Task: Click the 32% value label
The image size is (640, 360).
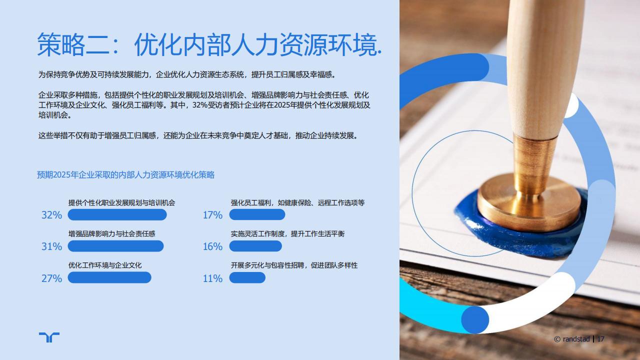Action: point(51,215)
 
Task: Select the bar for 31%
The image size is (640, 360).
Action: point(115,246)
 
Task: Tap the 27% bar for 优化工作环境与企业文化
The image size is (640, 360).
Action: point(109,277)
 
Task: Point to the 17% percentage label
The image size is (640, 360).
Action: point(212,215)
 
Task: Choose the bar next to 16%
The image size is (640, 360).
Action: point(255,246)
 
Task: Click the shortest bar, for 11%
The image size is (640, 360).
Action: point(247,277)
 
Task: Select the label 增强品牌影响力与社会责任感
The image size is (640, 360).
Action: point(111,233)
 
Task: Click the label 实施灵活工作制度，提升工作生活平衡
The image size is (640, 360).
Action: point(287,233)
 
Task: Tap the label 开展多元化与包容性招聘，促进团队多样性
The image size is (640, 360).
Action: point(294,265)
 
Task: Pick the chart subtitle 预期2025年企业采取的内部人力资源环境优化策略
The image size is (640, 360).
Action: point(125,175)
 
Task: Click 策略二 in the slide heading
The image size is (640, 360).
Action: point(73,44)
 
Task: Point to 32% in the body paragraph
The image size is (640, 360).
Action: point(199,105)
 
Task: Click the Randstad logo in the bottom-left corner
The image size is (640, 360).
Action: point(49,337)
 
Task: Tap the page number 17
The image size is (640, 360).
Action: point(600,339)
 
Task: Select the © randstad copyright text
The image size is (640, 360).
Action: point(572,339)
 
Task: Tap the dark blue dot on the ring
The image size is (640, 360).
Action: point(475,319)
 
